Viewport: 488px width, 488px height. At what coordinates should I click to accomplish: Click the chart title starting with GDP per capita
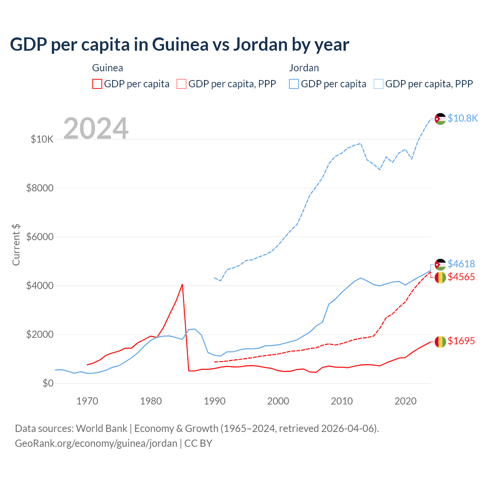[x=179, y=45]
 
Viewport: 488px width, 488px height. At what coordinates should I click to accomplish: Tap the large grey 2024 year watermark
[x=96, y=128]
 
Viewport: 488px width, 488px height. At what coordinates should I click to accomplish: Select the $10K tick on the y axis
[x=42, y=139]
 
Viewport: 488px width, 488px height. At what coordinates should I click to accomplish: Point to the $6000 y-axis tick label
[x=40, y=237]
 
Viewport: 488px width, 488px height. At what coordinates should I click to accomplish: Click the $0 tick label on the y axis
[x=48, y=383]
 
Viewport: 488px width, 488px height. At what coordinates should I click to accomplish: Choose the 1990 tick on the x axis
[x=215, y=401]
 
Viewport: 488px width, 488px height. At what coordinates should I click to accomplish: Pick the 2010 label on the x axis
[x=342, y=401]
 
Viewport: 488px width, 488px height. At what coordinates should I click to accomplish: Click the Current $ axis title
[x=16, y=245]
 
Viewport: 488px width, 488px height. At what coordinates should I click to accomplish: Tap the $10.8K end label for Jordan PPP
[x=462, y=118]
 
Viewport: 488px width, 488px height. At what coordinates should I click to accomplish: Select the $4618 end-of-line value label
[x=461, y=264]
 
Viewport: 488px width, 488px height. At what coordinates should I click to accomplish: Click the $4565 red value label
[x=461, y=277]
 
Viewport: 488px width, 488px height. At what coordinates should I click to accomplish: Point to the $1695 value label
[x=461, y=341]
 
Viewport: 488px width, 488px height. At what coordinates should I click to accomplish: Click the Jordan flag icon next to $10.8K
[x=440, y=119]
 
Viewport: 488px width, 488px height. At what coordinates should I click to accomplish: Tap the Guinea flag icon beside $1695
[x=440, y=342]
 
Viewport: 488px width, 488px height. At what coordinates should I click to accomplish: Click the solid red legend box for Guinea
[x=97, y=84]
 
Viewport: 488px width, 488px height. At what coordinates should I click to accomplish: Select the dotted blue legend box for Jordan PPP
[x=379, y=84]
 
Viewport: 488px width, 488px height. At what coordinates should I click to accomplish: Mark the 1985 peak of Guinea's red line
[x=182, y=284]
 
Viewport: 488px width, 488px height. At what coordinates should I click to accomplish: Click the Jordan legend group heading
[x=304, y=68]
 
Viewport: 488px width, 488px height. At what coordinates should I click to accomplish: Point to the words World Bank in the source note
[x=101, y=429]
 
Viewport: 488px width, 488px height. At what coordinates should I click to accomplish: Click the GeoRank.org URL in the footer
[x=96, y=443]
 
